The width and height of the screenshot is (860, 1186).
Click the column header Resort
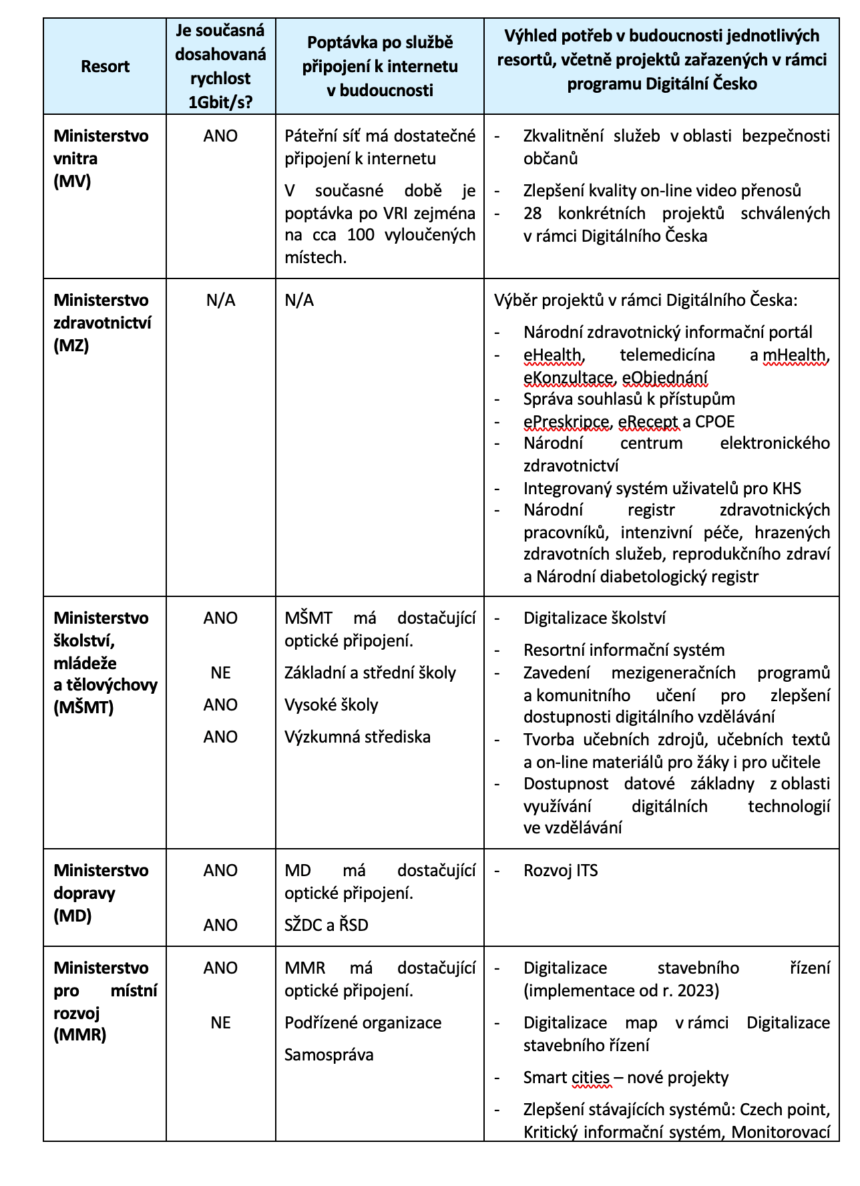click(x=105, y=67)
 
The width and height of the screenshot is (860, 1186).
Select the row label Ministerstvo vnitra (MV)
click(x=101, y=158)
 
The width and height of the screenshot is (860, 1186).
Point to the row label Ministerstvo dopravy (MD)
click(x=101, y=893)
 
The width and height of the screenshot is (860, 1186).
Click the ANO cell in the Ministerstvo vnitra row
click(x=220, y=136)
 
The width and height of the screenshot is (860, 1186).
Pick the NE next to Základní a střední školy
click(x=220, y=672)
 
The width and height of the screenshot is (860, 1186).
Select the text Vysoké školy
click(x=331, y=705)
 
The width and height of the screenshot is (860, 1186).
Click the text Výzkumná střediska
click(x=357, y=737)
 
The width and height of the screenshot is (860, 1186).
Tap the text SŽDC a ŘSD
click(x=326, y=925)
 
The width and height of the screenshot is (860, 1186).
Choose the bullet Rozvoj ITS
click(x=560, y=871)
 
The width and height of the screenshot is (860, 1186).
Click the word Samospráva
click(x=329, y=1055)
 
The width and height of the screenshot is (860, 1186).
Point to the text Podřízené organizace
click(x=363, y=1023)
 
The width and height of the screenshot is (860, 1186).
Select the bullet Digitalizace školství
click(x=594, y=618)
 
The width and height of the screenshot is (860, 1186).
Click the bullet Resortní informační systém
click(x=624, y=650)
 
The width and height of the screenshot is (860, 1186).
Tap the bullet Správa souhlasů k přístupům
click(x=629, y=399)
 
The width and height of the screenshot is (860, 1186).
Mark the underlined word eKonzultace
click(x=568, y=378)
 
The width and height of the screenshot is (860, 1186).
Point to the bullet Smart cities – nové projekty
click(x=626, y=1078)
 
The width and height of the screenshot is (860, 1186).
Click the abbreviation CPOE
click(x=714, y=422)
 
